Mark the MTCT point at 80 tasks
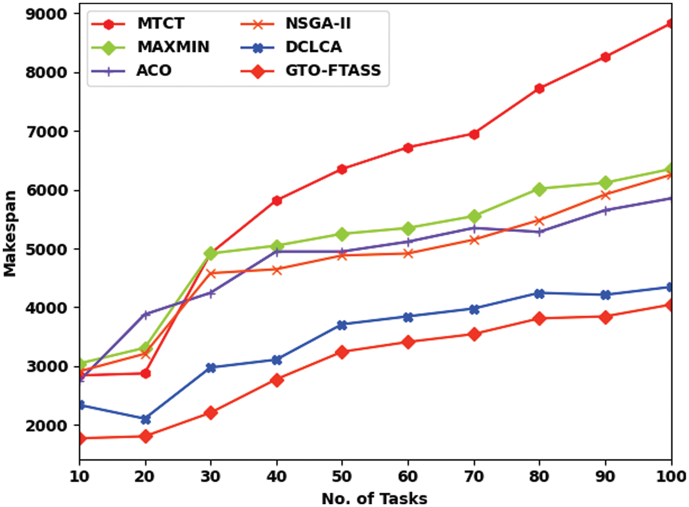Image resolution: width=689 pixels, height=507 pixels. pos(540,88)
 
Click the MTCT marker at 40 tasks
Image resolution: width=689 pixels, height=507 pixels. pos(276,201)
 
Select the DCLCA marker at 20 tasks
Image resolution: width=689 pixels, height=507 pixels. pos(146,419)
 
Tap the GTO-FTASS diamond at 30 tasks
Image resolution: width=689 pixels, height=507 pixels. pos(211,413)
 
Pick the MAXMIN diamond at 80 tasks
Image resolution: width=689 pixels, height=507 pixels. pos(540,189)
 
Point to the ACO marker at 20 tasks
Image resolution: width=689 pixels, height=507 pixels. pos(146,315)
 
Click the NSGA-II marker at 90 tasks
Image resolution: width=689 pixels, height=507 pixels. pos(606,195)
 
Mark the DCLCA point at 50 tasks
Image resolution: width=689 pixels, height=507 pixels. pos(342,325)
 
